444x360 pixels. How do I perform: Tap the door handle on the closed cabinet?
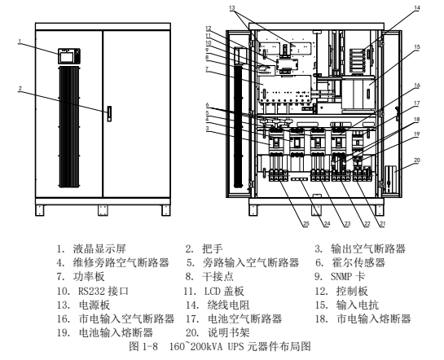pos(109,114)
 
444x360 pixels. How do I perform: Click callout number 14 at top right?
pos(416,7)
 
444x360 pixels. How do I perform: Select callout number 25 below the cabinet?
pos(306,224)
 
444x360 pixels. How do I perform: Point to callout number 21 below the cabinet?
pos(382,224)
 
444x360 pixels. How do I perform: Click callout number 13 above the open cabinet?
pos(232,7)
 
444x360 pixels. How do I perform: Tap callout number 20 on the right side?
pos(417,160)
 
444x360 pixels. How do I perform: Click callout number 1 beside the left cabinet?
pos(20,42)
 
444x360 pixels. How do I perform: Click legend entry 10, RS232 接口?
pos(92,291)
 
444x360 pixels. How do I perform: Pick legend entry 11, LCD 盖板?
pos(214,291)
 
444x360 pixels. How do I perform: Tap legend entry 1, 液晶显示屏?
pos(91,248)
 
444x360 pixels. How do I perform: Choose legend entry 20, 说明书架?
pos(218,332)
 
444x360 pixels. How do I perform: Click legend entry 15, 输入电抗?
pos(347,305)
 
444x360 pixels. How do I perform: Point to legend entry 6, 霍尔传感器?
pos(350,262)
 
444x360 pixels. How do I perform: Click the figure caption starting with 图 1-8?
pos(220,346)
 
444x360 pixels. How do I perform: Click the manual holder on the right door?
pos(391,179)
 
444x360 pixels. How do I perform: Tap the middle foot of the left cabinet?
pos(103,210)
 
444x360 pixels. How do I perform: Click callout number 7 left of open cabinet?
pos(207,69)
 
